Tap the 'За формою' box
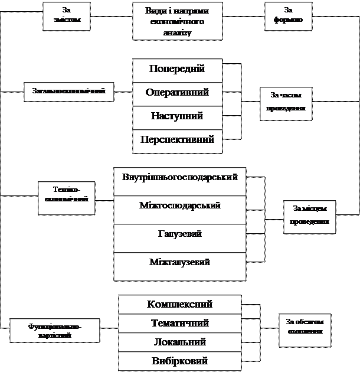[288, 15]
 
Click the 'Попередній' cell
[177, 70]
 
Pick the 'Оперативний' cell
[177, 94]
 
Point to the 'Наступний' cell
[177, 117]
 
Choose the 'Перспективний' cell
[177, 141]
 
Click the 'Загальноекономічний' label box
[68, 92]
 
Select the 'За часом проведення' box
[286, 103]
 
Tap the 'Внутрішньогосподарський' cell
[179, 181]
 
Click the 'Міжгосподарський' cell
[179, 209]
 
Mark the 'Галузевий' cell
[179, 238]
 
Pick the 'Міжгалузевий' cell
[179, 266]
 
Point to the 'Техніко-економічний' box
[66, 197]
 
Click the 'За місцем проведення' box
[309, 217]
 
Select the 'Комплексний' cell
[179, 305]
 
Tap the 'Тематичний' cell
[179, 324]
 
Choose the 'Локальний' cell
[179, 342]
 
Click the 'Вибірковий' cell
[179, 361]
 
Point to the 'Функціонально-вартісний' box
[54, 331]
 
